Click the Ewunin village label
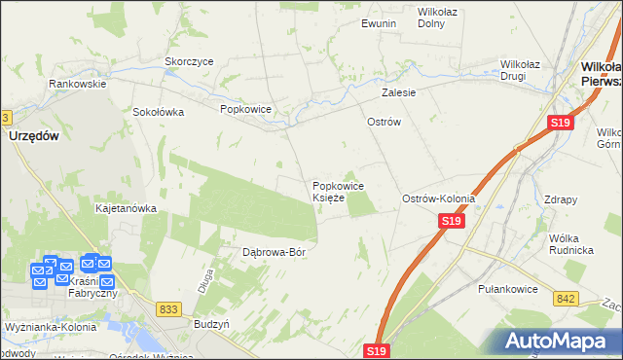click(379, 22)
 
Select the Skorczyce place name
click(189, 60)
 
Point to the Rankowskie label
click(78, 84)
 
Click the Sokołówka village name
click(159, 111)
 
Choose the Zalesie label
click(399, 92)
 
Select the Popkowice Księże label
click(338, 191)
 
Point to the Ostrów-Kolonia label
click(439, 198)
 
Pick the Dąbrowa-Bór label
click(275, 252)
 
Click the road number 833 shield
click(168, 307)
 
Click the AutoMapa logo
click(554, 342)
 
